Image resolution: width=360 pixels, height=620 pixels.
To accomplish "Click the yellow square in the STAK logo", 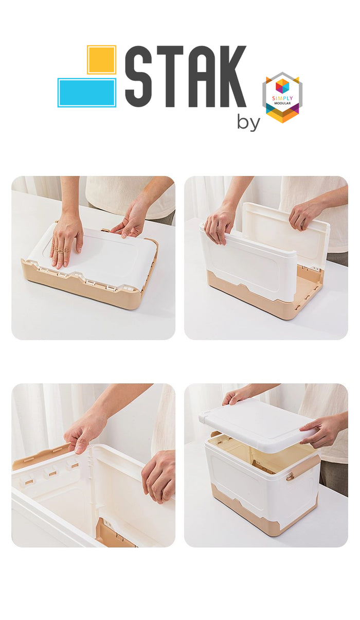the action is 101,60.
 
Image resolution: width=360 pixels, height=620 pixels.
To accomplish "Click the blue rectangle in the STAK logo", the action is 87,93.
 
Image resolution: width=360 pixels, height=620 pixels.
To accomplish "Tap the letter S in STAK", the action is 138,76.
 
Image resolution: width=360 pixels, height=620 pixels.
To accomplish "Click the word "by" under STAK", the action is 248,122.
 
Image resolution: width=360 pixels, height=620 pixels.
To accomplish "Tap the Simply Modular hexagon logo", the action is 282,97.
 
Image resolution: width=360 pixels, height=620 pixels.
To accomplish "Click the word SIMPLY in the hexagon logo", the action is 282,98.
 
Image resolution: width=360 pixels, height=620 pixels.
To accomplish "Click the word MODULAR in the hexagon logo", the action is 282,103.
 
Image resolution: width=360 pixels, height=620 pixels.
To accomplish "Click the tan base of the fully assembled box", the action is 263,515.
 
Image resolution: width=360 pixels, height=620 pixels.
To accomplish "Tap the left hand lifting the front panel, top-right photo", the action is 220,225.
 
